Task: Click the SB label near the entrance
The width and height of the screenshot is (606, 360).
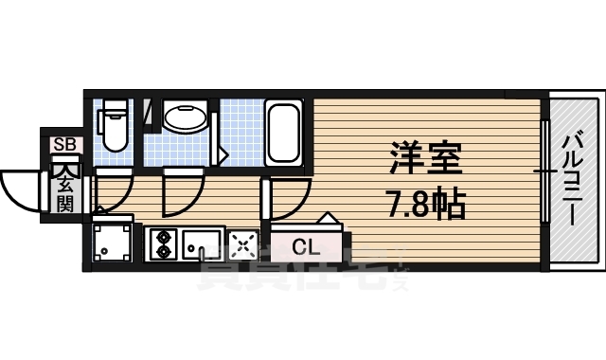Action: tap(65, 145)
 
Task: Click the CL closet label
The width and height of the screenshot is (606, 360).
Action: tap(306, 248)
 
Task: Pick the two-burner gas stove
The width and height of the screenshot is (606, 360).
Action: tap(162, 244)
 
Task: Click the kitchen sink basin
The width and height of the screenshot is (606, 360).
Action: tap(202, 244)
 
